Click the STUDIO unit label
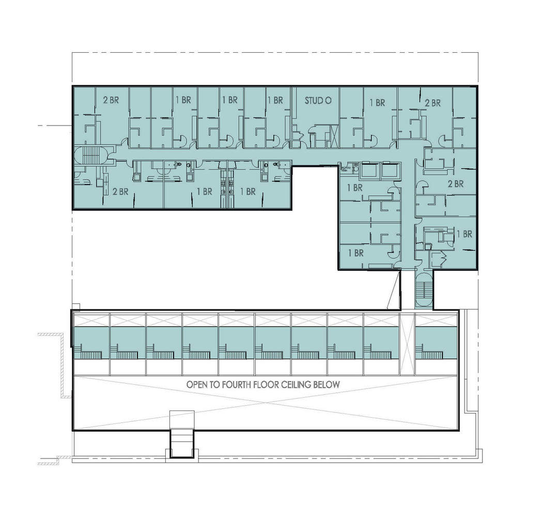click(x=318, y=101)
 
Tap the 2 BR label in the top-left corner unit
click(x=111, y=100)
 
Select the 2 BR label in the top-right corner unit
click(x=432, y=103)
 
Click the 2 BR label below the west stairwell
click(x=120, y=191)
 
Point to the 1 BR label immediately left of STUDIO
click(x=275, y=100)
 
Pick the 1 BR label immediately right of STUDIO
click(x=377, y=103)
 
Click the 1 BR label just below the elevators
click(x=354, y=188)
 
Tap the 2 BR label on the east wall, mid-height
click(x=455, y=184)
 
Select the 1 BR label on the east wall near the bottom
click(x=464, y=234)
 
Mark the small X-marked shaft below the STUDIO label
click(x=334, y=135)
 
